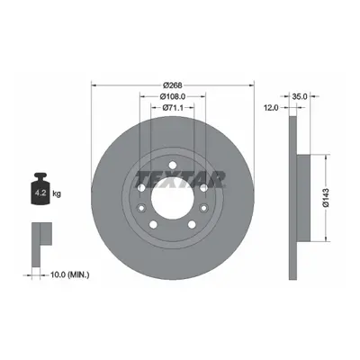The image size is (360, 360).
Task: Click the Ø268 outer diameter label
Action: [x=173, y=85]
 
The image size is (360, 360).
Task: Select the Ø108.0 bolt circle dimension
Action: [x=173, y=96]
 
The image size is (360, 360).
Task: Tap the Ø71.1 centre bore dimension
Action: [x=173, y=108]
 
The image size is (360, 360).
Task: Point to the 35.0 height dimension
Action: [x=300, y=96]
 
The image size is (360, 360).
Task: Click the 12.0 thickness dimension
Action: [x=272, y=108]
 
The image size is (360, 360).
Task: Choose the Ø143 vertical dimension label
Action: [x=326, y=197]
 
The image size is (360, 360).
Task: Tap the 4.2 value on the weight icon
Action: [x=40, y=193]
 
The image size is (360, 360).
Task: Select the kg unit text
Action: [x=57, y=193]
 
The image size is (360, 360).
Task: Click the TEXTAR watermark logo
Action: [x=180, y=179]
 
